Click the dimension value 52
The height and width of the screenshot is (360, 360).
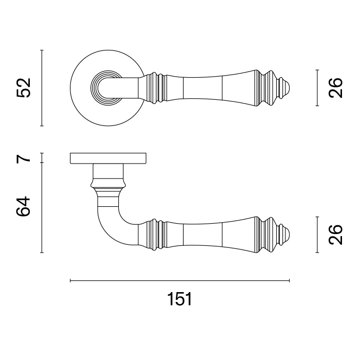24,88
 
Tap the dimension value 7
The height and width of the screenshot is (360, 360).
24,158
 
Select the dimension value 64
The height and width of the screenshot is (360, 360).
24,206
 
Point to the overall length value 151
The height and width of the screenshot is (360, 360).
179,299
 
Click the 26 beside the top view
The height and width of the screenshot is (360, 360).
334,88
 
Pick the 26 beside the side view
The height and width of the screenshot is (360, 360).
334,235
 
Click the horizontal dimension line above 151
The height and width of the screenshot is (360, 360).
179,281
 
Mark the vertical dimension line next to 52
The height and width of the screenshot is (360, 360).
42,88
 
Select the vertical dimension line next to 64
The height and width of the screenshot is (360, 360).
42,208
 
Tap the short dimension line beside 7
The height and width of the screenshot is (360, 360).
42,158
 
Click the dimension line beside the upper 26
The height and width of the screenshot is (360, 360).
317,88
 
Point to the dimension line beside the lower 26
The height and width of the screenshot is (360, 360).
317,235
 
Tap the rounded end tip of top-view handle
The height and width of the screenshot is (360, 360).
289,88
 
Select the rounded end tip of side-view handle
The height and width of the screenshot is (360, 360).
289,235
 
